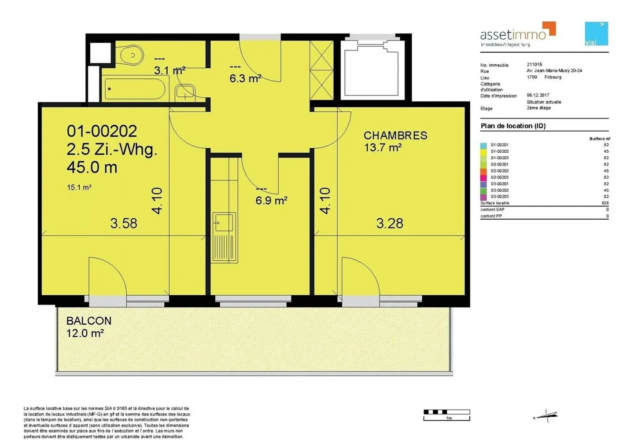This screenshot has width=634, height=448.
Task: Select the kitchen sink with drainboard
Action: click(x=225, y=237)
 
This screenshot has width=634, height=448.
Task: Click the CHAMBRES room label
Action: click(x=395, y=136)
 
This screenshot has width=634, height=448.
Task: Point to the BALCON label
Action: click(x=88, y=321)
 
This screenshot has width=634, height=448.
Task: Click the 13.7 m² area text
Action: click(x=382, y=148)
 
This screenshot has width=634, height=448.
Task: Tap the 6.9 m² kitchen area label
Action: click(x=271, y=201)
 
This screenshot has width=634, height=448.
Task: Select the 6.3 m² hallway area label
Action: click(x=245, y=79)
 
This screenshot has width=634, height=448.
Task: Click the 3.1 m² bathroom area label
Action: click(x=170, y=70)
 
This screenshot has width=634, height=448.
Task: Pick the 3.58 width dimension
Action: click(x=124, y=224)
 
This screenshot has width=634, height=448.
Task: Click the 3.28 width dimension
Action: click(x=390, y=224)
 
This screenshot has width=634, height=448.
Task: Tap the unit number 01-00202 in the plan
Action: click(x=102, y=131)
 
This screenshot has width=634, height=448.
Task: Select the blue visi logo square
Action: click(x=596, y=33)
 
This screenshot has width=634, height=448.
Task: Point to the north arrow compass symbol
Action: click(x=546, y=415)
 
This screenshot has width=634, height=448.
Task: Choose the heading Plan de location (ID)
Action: click(x=513, y=126)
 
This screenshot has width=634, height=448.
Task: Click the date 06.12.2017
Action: click(x=538, y=95)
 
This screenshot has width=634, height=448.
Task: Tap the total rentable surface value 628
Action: click(x=605, y=203)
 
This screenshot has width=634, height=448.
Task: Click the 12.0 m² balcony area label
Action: click(x=85, y=333)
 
